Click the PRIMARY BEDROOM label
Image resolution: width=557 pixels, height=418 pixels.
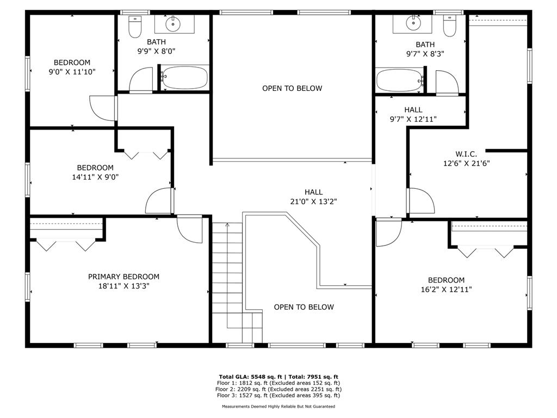pyautogui.click(x=123, y=276)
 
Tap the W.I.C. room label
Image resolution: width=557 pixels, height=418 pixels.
pyautogui.click(x=466, y=154)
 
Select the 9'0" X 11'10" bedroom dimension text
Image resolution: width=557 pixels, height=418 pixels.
pyautogui.click(x=72, y=71)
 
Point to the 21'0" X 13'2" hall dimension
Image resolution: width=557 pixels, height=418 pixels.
pyautogui.click(x=314, y=201)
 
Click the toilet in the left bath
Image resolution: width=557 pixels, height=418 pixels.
pyautogui.click(x=134, y=26)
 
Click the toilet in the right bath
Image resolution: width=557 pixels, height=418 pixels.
pyautogui.click(x=449, y=26)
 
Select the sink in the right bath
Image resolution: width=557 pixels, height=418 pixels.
pyautogui.click(x=412, y=23)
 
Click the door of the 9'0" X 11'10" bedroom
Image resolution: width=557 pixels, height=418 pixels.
pyautogui.click(x=103, y=107)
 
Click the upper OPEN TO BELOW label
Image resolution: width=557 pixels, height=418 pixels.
pyautogui.click(x=292, y=88)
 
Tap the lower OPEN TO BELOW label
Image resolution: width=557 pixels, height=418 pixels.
pyautogui.click(x=304, y=307)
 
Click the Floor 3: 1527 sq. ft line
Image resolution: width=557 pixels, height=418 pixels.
pyautogui.click(x=278, y=396)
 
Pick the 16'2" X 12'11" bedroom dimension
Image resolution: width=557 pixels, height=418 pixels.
pyautogui.click(x=442, y=290)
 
